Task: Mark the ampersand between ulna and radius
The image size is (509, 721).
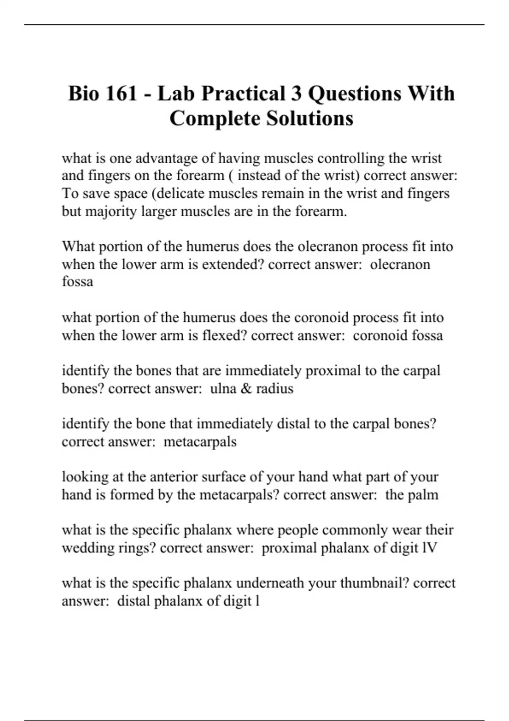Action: (246, 388)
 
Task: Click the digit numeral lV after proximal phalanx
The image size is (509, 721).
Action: (429, 548)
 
